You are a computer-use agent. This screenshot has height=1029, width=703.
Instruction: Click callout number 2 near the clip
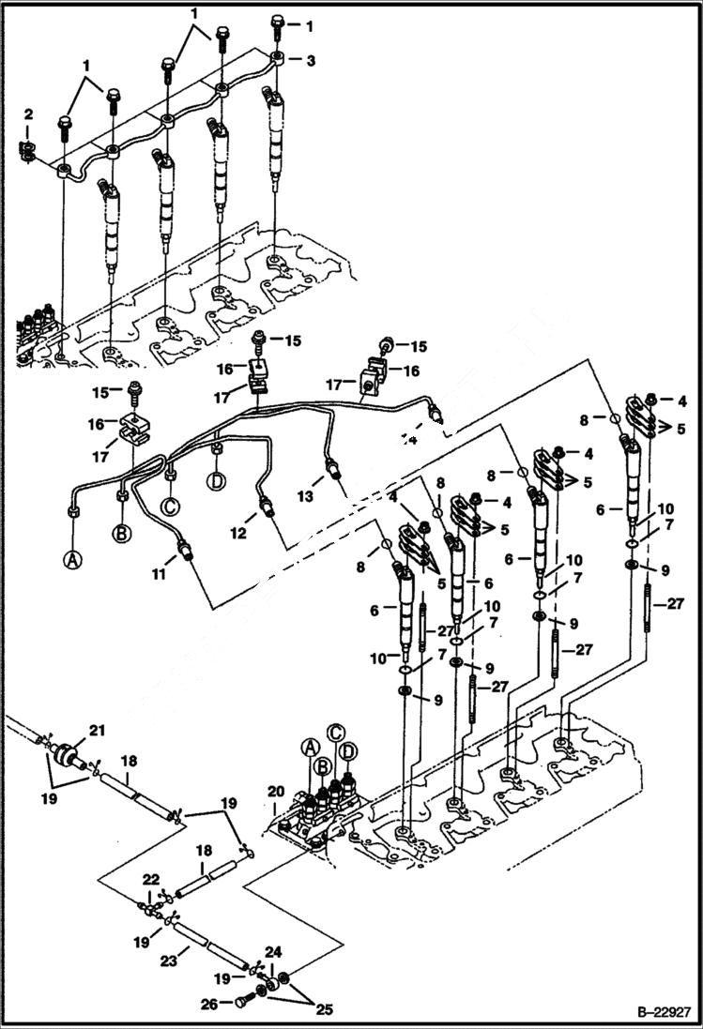click(x=28, y=114)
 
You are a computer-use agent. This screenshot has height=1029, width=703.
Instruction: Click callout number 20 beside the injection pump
click(x=275, y=793)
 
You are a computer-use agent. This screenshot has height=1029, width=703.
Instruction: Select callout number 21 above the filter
click(x=95, y=730)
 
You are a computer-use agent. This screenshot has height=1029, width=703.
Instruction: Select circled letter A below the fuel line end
click(x=73, y=561)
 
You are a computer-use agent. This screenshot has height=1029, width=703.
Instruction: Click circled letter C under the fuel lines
click(x=171, y=507)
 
